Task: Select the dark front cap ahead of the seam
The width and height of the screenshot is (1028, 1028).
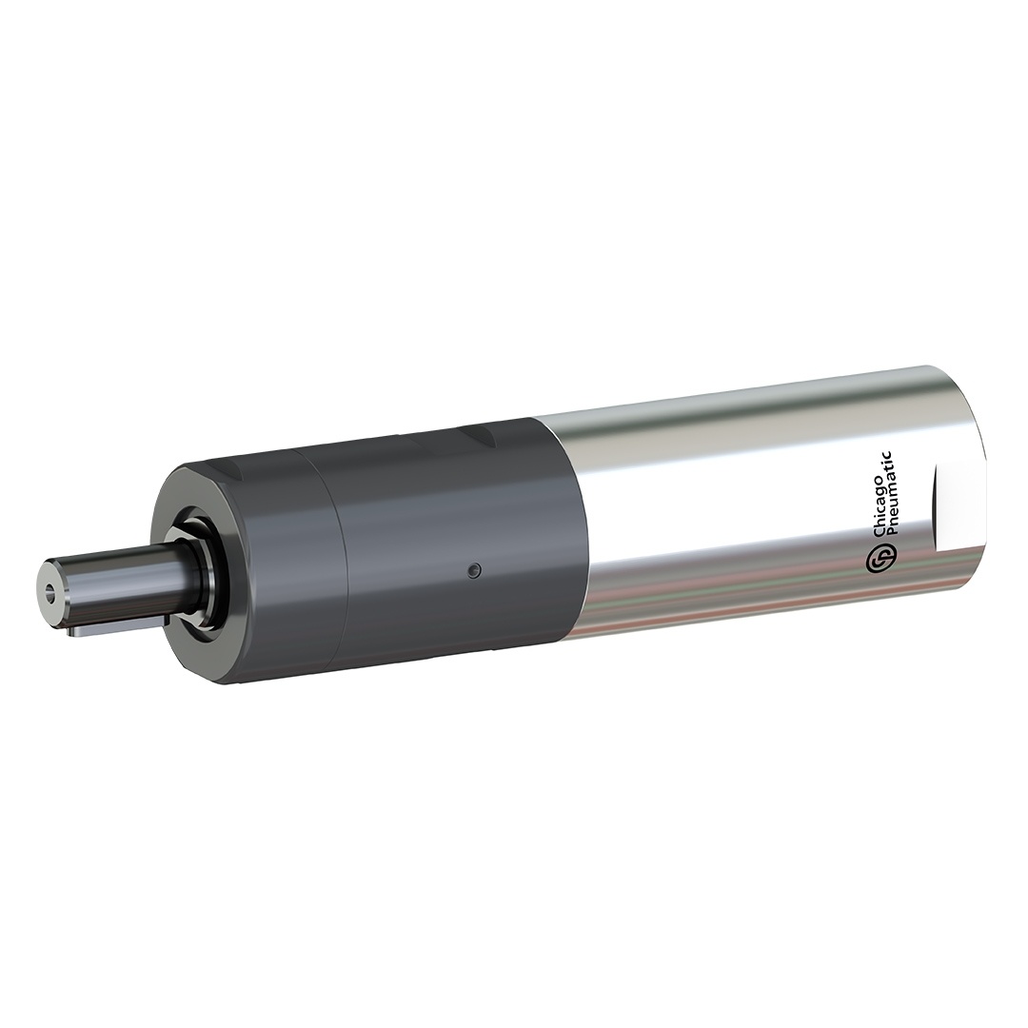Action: (276, 571)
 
